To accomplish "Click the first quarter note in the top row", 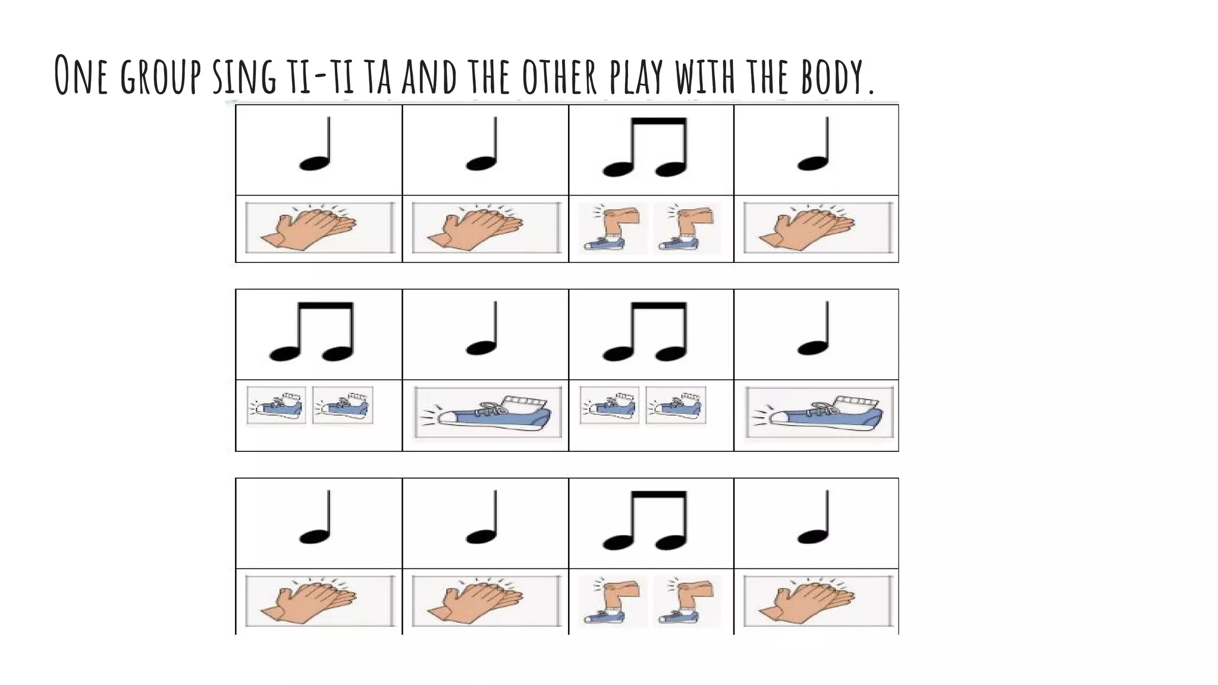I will [x=316, y=146].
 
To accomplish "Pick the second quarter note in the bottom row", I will [x=482, y=519].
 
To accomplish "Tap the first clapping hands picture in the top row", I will [x=319, y=228].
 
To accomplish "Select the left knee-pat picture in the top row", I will [x=612, y=228].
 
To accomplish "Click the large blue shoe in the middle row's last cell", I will [x=820, y=412].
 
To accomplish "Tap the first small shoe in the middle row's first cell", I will [x=277, y=405].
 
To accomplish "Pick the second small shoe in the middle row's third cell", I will [x=676, y=405].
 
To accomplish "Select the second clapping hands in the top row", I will [x=485, y=228].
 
